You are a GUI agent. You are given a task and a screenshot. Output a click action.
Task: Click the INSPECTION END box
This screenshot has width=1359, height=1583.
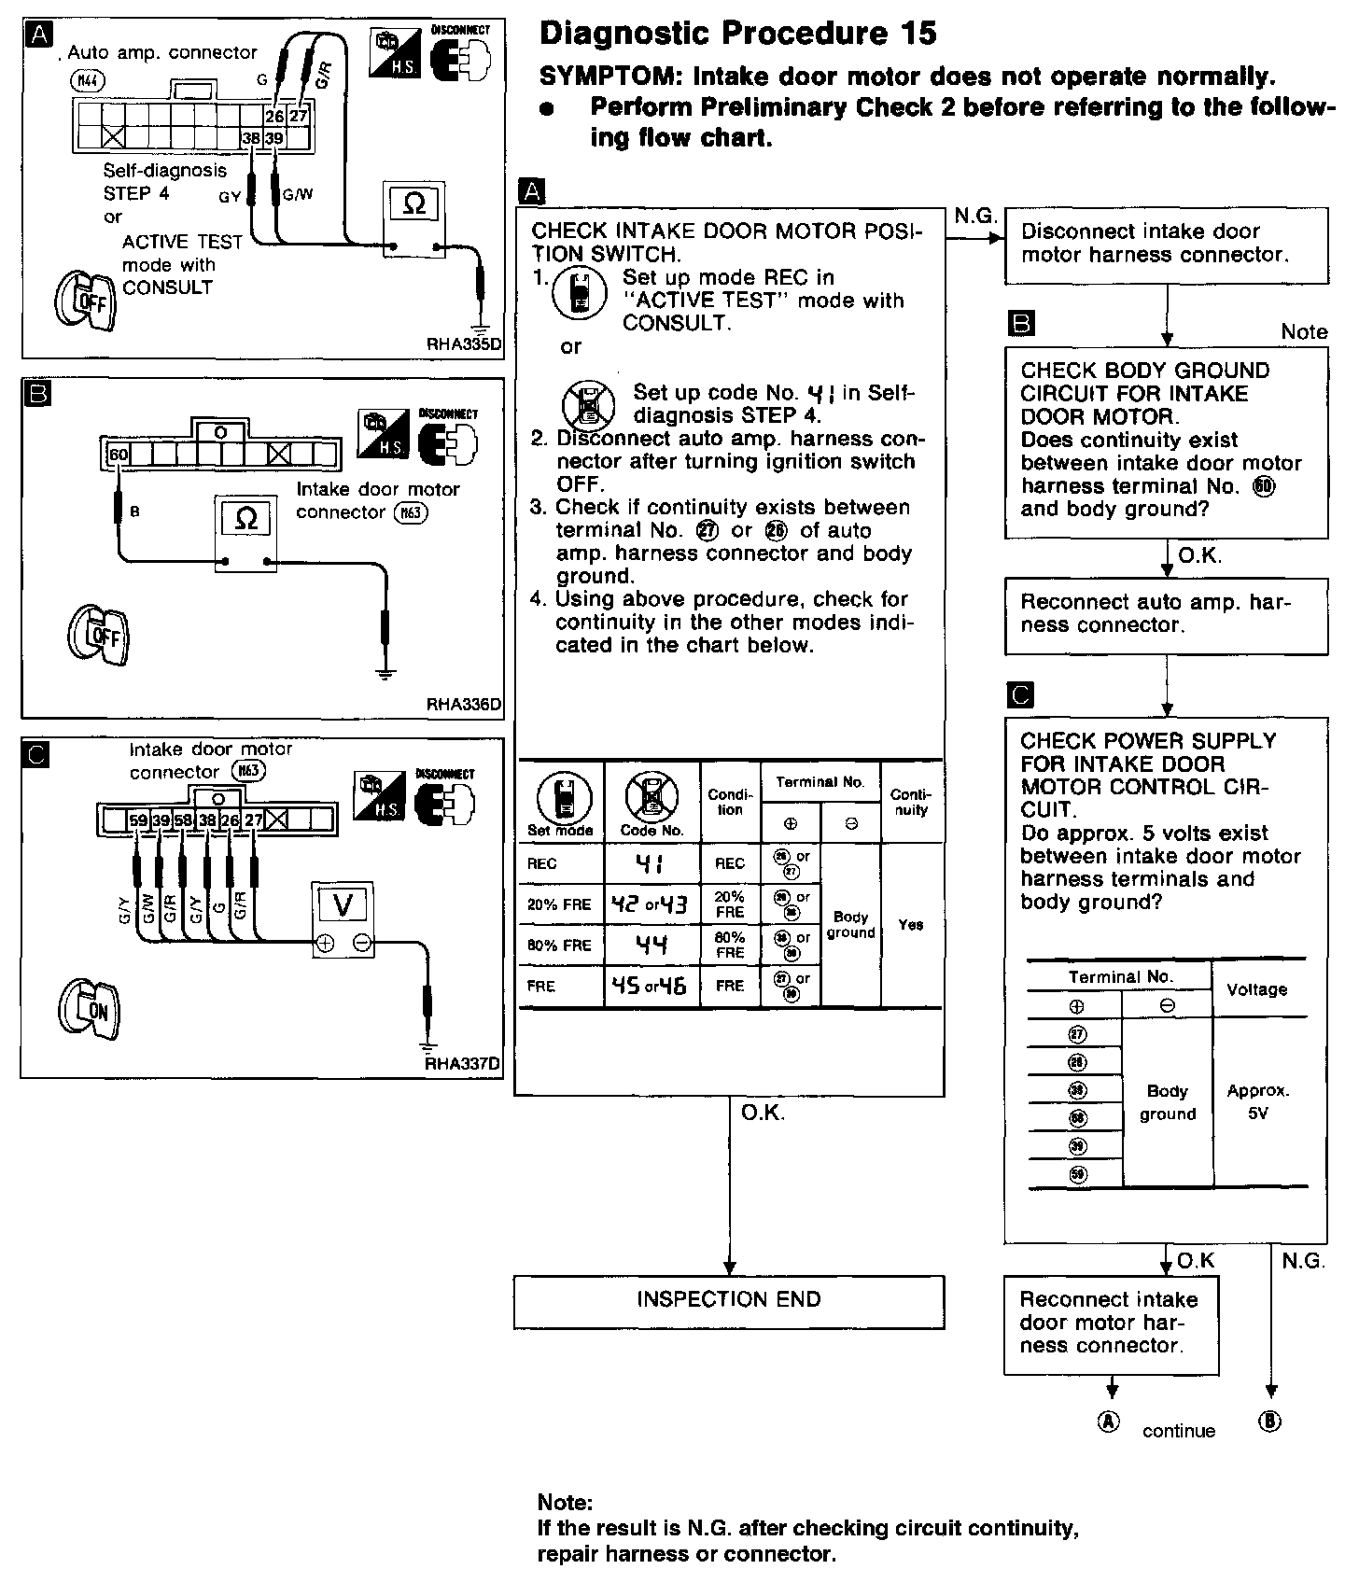click(x=728, y=1300)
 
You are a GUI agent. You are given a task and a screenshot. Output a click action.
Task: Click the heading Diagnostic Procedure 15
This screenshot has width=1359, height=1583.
click(x=738, y=35)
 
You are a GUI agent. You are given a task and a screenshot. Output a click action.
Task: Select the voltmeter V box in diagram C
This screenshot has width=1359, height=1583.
click(x=343, y=904)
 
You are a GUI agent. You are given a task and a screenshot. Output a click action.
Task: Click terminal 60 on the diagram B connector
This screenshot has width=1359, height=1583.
click(x=119, y=455)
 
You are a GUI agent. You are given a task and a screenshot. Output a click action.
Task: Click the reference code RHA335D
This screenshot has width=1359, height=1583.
click(x=463, y=343)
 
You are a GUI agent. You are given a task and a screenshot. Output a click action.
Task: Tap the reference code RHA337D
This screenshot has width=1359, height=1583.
click(x=463, y=1063)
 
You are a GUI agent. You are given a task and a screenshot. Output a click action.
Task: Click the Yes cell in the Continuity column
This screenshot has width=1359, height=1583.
click(x=911, y=925)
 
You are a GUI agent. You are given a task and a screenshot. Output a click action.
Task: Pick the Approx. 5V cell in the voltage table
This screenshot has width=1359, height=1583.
click(x=1258, y=1101)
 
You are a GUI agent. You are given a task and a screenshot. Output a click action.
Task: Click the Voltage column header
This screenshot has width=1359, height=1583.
click(x=1257, y=989)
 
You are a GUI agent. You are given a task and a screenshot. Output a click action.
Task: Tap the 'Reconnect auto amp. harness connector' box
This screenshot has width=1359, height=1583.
click(x=1166, y=614)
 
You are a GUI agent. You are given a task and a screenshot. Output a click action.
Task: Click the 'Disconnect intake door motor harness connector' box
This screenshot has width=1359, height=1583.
click(x=1166, y=244)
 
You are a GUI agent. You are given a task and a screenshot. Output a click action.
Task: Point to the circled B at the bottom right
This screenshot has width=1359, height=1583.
click(x=1270, y=1422)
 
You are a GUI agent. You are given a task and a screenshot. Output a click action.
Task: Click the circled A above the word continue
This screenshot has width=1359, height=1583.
click(x=1108, y=1422)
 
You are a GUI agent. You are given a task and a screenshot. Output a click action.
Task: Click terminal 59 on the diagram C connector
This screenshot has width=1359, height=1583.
click(x=138, y=820)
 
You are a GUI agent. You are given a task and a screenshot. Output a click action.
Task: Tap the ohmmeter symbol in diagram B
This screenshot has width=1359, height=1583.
click(x=246, y=518)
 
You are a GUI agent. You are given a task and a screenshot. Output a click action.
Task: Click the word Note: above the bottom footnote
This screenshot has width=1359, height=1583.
click(x=565, y=1503)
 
